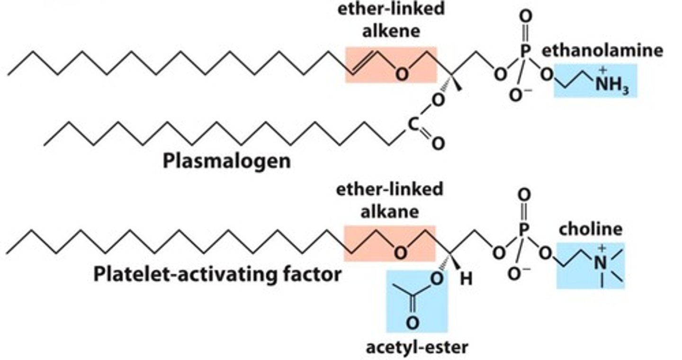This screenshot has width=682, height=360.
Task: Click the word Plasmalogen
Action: [x=226, y=161]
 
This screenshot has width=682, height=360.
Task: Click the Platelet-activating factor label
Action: [x=217, y=274]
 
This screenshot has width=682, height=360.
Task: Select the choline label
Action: [x=590, y=229]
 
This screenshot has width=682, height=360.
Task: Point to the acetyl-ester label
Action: [x=416, y=347]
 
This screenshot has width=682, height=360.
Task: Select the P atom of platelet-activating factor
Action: [x=522, y=231]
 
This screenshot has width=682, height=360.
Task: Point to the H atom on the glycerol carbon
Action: [x=466, y=279]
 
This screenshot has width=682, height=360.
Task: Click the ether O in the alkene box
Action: [x=401, y=75]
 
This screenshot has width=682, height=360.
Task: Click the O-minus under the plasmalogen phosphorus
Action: [x=517, y=95]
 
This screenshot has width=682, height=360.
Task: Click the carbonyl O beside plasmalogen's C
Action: [x=438, y=143]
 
